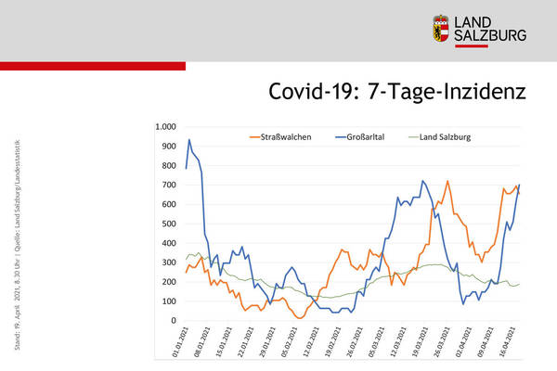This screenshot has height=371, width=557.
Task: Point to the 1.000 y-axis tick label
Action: tap(166, 127)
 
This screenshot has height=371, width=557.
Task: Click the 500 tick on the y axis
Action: tap(169, 224)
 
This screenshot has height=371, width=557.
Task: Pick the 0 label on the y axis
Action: tap(174, 321)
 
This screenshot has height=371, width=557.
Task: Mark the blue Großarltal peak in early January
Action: tap(189, 140)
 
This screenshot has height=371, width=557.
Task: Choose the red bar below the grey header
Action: tap(93, 66)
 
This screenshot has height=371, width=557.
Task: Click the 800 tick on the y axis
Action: tap(169, 165)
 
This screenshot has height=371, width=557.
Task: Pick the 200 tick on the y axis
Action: tap(169, 282)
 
